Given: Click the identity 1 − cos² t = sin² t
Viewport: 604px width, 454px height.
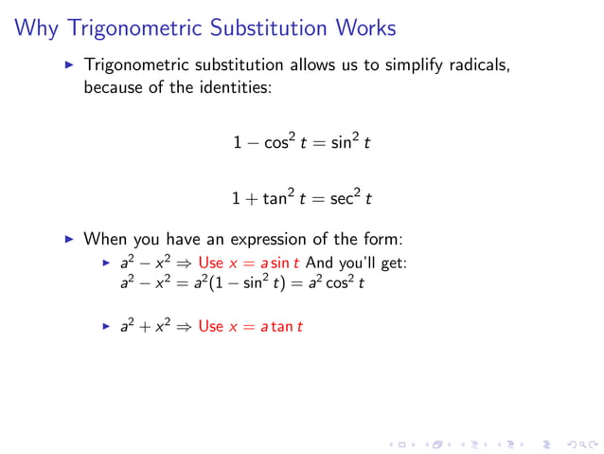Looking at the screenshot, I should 302,143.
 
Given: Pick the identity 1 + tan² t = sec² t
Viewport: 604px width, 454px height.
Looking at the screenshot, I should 302,199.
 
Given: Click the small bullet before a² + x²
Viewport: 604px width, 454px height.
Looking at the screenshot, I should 107,326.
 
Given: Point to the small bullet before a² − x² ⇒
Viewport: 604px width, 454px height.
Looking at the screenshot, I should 107,263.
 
